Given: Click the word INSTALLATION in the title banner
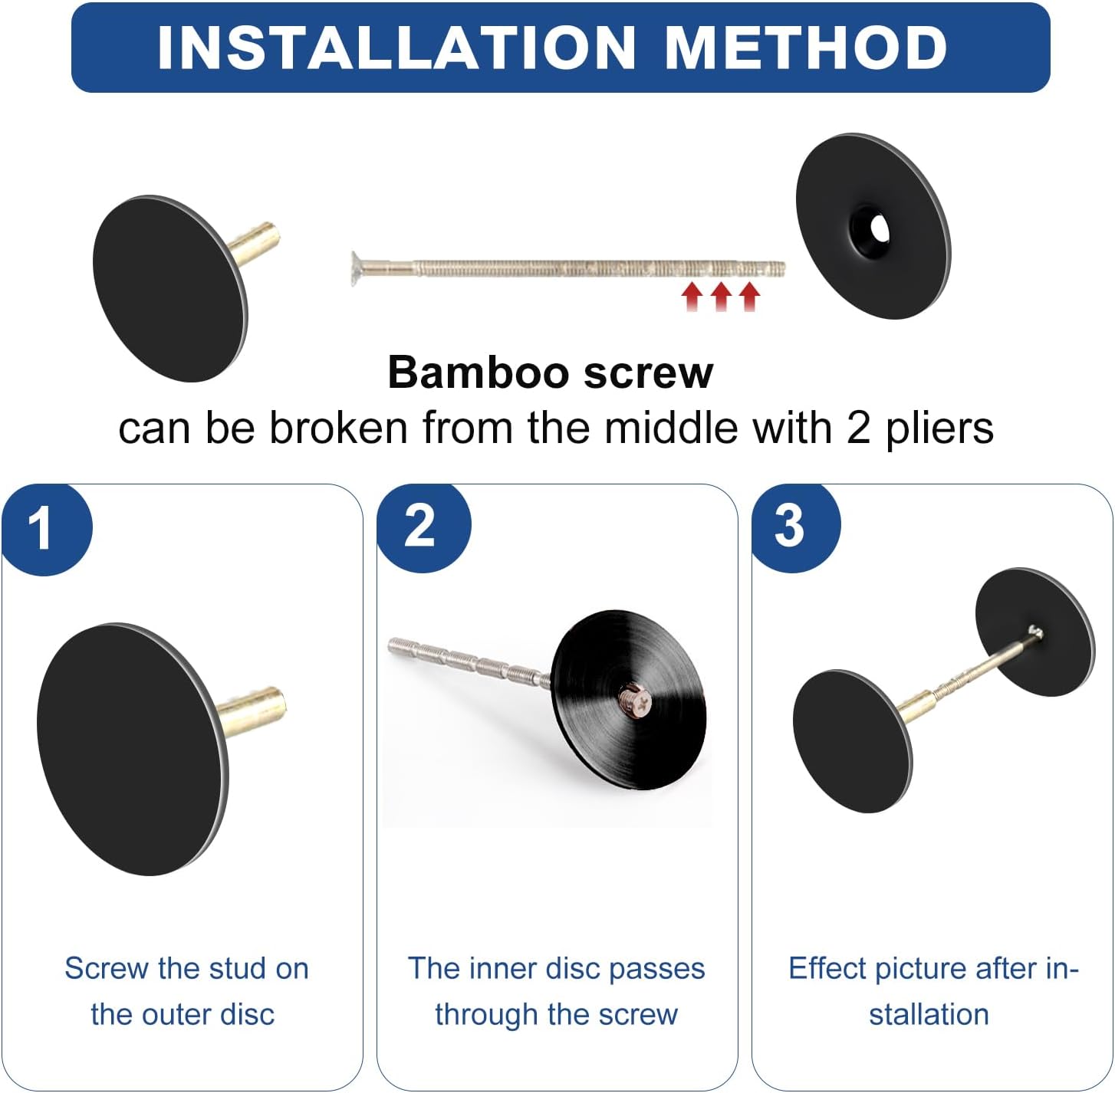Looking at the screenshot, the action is pos(396,48).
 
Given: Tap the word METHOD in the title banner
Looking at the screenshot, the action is pos(805,48).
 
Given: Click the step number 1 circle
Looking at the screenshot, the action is pos(46,528).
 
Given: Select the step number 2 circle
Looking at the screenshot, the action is pos(423,527).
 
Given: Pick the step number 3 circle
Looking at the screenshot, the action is pos(795,527).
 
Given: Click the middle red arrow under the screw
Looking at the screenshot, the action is pos(720,297).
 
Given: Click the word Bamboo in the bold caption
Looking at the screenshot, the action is pos(479,373).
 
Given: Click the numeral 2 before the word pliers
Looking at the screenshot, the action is pos(859,428).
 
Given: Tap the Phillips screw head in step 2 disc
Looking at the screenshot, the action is pos(635,701).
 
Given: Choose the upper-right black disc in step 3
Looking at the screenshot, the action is pos(1034,632).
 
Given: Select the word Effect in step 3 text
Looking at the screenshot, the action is pos(827,968).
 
